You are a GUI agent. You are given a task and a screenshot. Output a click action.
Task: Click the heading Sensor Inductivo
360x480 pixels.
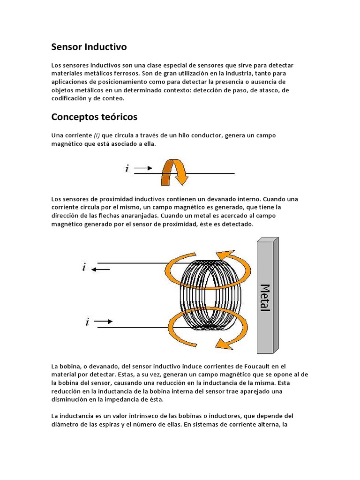(x=89, y=47)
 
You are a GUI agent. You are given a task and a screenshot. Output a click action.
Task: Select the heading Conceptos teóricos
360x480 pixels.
(x=94, y=116)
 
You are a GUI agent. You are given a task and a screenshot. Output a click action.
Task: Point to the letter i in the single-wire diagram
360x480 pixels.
(x=127, y=168)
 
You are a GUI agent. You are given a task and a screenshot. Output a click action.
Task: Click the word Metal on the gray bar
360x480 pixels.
(x=265, y=298)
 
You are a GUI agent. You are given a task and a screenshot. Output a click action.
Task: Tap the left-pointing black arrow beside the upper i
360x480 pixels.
(x=101, y=269)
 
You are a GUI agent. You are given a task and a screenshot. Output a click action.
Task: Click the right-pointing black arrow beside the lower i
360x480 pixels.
(x=104, y=322)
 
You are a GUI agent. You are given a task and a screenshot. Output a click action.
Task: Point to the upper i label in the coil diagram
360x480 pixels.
(x=84, y=268)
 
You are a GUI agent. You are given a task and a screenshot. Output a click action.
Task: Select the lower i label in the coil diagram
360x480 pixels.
(x=87, y=322)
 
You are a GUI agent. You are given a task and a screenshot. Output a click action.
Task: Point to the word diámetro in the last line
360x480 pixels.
(x=65, y=425)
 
